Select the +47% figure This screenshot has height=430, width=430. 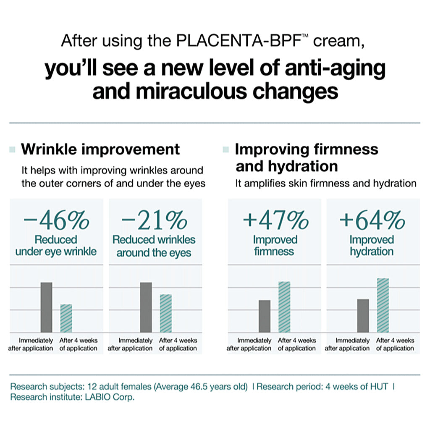(x=275, y=220)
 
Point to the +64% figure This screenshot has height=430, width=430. (x=372, y=220)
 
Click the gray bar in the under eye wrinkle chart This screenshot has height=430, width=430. (x=46, y=307)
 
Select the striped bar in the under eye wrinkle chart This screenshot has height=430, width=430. (x=66, y=318)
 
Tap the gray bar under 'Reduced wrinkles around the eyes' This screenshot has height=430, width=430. (x=146, y=307)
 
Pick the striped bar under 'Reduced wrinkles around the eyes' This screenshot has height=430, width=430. (x=165, y=313)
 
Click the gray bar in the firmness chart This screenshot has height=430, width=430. (x=265, y=316)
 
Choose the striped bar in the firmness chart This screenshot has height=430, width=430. (x=284, y=307)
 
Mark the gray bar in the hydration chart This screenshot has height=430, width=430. (x=363, y=315)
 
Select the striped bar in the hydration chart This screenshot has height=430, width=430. (x=383, y=305)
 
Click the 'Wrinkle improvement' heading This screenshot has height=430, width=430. (x=100, y=149)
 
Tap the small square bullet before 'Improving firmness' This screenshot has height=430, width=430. (x=226, y=149)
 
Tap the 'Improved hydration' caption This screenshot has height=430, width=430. (x=372, y=246)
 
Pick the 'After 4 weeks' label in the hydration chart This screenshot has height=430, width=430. (x=395, y=341)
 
